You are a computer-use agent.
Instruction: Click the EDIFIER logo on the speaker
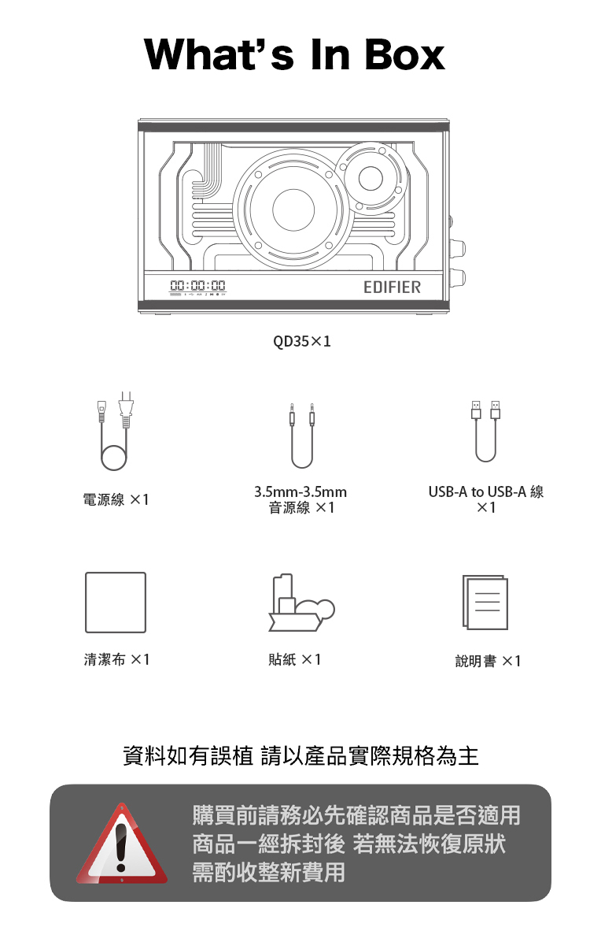pyautogui.click(x=392, y=287)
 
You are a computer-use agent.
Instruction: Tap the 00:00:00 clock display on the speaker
pyautogui.click(x=198, y=286)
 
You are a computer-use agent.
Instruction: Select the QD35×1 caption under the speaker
pyautogui.click(x=301, y=342)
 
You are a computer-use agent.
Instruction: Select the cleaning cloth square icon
pyautogui.click(x=116, y=603)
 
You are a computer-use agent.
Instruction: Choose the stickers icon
pyautogui.click(x=301, y=603)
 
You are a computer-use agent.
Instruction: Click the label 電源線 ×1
pyautogui.click(x=116, y=499)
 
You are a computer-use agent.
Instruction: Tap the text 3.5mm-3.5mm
pyautogui.click(x=301, y=492)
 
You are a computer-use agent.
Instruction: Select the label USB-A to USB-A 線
pyautogui.click(x=485, y=492)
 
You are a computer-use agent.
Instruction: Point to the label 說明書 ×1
pyautogui.click(x=488, y=661)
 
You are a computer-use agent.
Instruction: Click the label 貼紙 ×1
pyautogui.click(x=294, y=659)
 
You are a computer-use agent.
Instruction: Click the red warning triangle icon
pyautogui.click(x=122, y=844)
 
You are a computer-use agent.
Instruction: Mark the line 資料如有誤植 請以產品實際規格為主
pyautogui.click(x=301, y=756)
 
